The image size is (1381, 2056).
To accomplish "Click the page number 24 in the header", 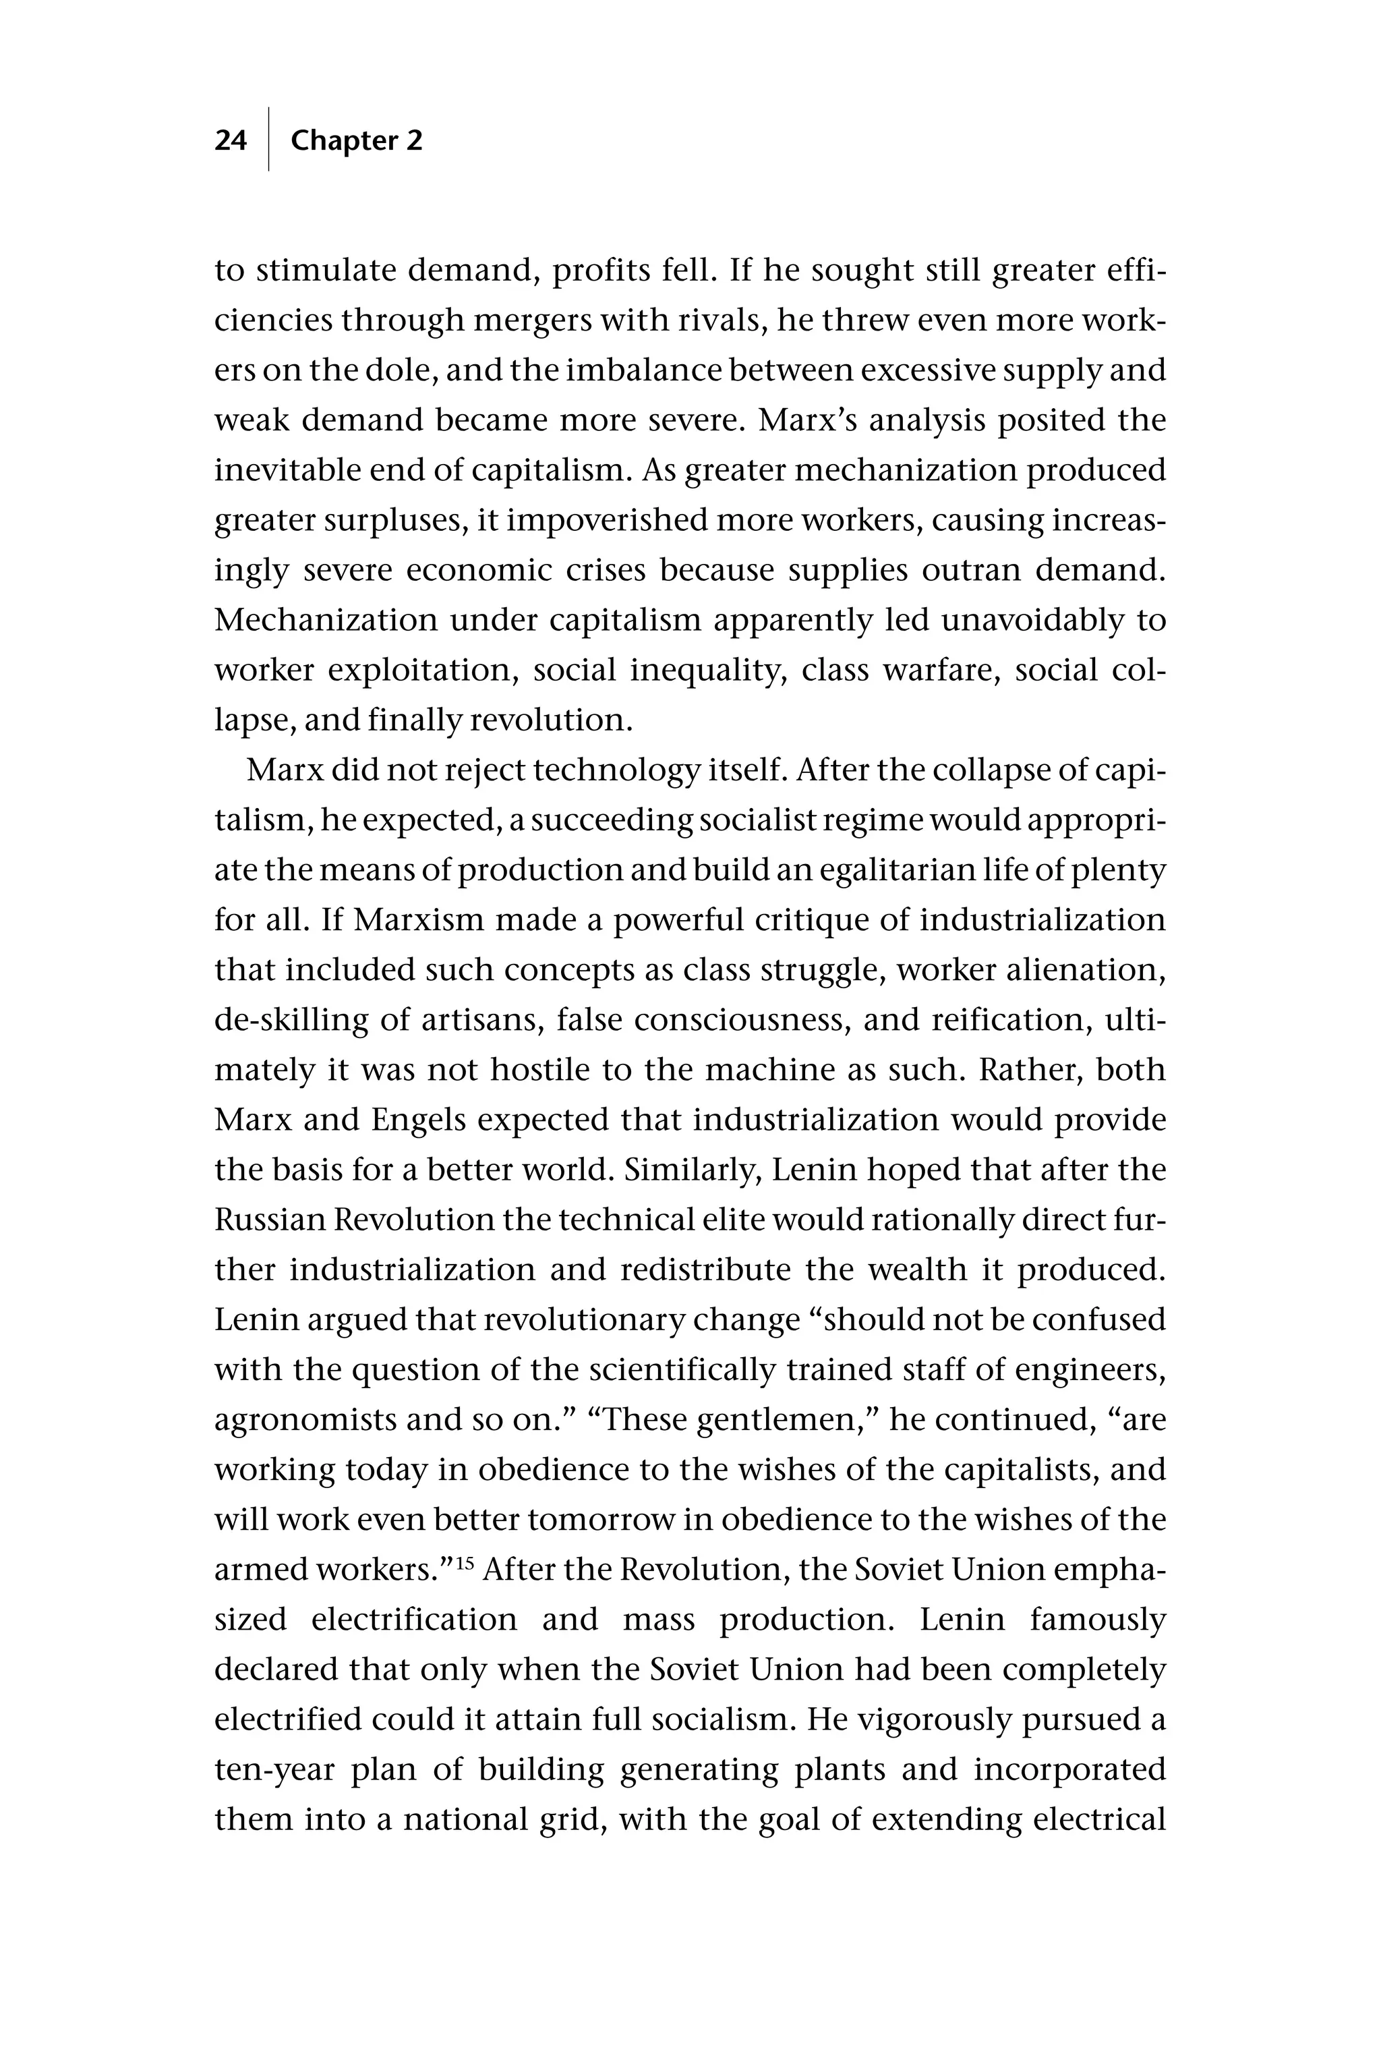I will point(231,141).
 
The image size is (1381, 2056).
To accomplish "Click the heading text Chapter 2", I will point(356,141).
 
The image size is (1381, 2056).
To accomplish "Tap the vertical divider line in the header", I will point(268,139).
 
